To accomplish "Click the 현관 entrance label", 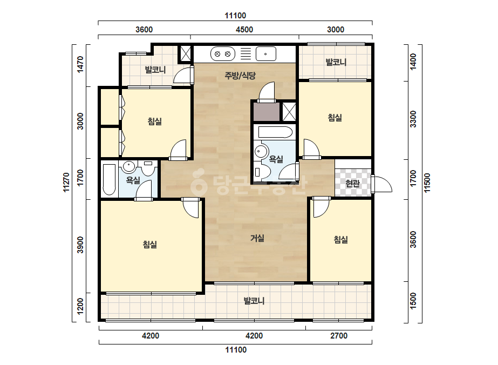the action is [352, 183].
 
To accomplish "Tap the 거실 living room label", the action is [257, 238].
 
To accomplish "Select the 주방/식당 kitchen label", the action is [240, 76].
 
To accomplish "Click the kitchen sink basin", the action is [266, 54].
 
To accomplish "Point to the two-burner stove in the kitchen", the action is [223, 54].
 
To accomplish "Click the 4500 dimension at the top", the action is [244, 30].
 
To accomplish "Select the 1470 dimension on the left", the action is [80, 64].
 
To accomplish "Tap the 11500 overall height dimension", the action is [427, 182].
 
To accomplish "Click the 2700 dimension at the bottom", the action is [339, 335].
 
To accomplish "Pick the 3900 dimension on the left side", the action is [80, 245].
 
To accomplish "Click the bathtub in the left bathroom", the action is [109, 179].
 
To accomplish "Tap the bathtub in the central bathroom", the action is [275, 132].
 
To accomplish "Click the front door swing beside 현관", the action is [383, 184].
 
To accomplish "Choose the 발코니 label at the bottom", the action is [254, 300].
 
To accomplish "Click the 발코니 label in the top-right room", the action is [336, 62].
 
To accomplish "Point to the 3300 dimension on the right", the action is [413, 119].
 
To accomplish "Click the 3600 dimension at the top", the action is [144, 30].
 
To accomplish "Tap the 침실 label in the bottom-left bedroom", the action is [150, 244].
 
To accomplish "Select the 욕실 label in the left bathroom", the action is [133, 180].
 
